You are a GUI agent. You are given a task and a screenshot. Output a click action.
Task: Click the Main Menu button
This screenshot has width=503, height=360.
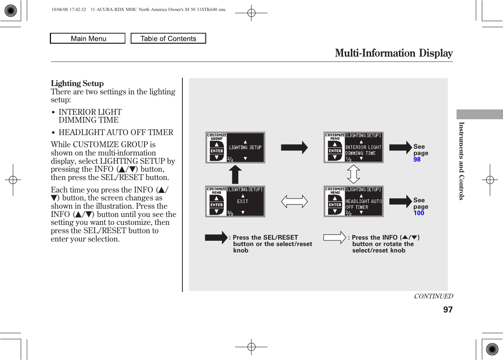(x=88, y=38)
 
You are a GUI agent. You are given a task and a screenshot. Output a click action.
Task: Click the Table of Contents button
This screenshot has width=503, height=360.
(x=168, y=38)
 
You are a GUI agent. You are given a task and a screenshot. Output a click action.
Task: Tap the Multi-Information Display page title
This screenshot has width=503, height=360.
(x=393, y=53)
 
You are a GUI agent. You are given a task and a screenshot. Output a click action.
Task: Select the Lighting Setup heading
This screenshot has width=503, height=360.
(x=77, y=83)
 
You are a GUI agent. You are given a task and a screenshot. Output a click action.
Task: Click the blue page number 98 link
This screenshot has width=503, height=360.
(x=417, y=160)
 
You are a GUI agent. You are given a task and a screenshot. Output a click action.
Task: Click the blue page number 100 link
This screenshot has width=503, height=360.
(x=418, y=213)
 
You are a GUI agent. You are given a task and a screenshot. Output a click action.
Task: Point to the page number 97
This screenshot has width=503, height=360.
(x=447, y=310)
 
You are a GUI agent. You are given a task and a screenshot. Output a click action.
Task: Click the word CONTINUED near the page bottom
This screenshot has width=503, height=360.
(x=433, y=296)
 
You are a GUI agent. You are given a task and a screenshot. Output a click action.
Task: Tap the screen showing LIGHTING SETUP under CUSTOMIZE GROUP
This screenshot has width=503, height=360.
(x=235, y=148)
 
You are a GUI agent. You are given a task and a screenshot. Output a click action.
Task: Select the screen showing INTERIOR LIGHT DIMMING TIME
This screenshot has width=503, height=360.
(x=353, y=148)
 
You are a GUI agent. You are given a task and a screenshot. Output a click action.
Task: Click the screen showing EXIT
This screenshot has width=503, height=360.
(x=235, y=202)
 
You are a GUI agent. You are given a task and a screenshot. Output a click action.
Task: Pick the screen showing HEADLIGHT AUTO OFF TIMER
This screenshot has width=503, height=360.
(x=353, y=202)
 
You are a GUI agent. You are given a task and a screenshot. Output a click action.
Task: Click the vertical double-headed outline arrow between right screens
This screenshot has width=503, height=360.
(x=353, y=174)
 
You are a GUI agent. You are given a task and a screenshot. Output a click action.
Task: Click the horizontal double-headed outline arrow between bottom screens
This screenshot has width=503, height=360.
(x=294, y=202)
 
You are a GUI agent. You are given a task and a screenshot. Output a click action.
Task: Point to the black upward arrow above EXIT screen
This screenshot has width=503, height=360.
(x=235, y=174)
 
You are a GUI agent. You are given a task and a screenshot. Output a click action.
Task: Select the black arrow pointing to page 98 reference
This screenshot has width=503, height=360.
(x=400, y=148)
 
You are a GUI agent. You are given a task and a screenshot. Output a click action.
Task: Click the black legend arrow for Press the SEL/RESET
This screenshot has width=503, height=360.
(x=216, y=238)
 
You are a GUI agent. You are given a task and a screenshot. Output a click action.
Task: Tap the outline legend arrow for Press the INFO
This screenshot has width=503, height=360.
(x=335, y=238)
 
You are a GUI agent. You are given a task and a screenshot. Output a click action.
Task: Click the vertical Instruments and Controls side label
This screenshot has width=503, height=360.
(x=461, y=161)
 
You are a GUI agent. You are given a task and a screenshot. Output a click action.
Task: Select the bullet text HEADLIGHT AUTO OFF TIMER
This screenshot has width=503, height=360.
(x=116, y=132)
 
